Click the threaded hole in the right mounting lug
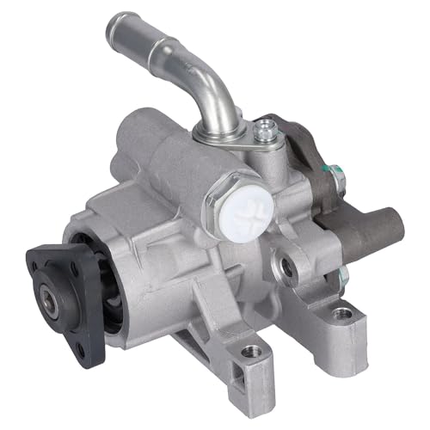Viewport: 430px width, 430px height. click(x=344, y=313)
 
